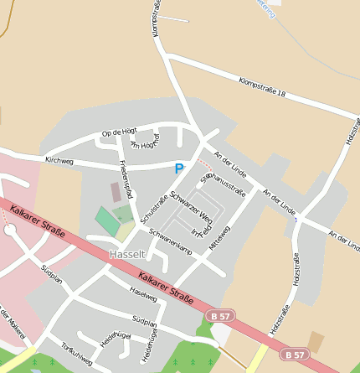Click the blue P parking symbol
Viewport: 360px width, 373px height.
[x=178, y=169]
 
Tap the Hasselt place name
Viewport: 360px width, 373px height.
[x=127, y=254]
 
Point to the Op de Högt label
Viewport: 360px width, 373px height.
[x=118, y=132]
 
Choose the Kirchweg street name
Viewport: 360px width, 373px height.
[x=59, y=159]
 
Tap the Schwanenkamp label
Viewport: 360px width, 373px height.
[x=171, y=241]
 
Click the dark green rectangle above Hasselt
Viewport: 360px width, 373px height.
[x=106, y=221]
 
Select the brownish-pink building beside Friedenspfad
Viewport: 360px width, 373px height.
[x=116, y=193]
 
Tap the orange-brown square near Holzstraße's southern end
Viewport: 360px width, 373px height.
[x=315, y=341]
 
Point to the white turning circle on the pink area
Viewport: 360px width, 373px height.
[x=10, y=231]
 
